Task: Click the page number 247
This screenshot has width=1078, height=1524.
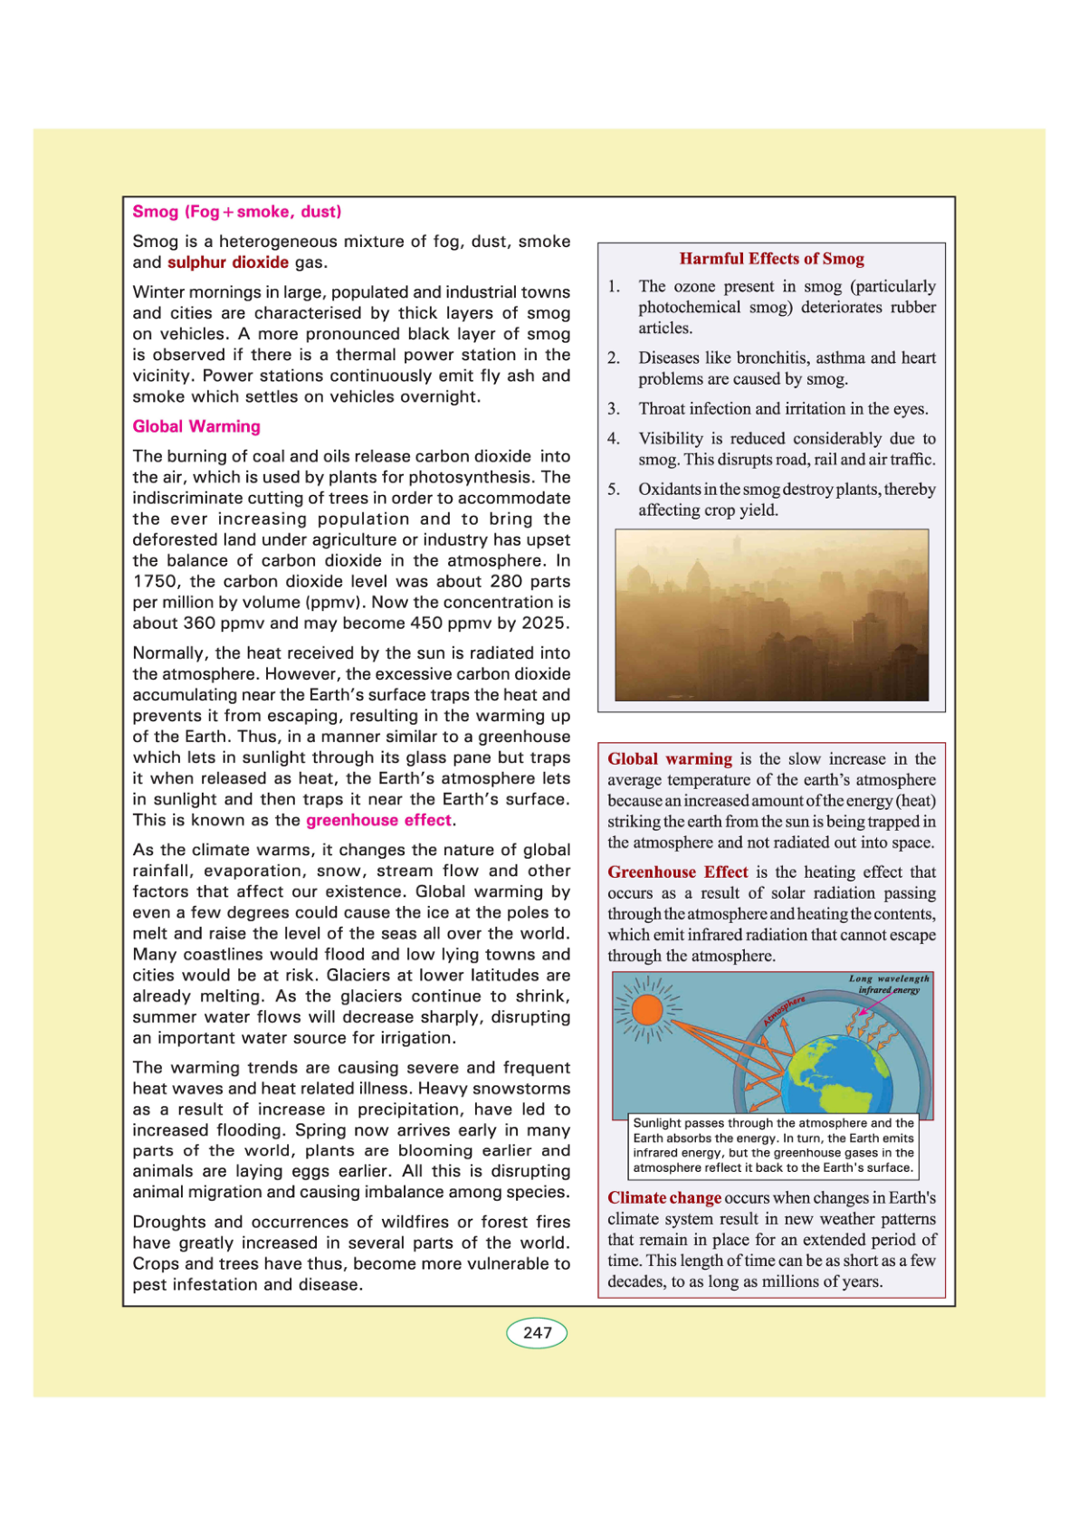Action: (x=537, y=1332)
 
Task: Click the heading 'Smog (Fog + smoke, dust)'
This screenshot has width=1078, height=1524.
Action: (x=237, y=212)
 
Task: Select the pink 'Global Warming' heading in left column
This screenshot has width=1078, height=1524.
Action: (x=196, y=426)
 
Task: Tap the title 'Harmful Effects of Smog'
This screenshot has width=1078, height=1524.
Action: (x=771, y=259)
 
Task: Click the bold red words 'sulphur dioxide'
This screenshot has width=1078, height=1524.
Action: (x=228, y=262)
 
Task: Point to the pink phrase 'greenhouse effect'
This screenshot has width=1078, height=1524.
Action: (x=378, y=820)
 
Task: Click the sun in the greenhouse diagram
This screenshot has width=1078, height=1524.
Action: (x=648, y=1009)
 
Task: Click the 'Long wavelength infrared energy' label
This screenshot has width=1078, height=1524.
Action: (x=889, y=984)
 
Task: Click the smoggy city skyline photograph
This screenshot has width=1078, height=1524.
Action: (x=771, y=614)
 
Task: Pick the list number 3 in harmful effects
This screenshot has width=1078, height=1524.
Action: (x=614, y=409)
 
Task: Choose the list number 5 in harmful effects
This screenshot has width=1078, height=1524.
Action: (x=614, y=490)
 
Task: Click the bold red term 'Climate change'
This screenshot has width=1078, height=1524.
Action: (x=664, y=1198)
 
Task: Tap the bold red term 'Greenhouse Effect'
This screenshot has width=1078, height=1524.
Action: (x=678, y=872)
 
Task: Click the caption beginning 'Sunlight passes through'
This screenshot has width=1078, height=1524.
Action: (x=773, y=1146)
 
